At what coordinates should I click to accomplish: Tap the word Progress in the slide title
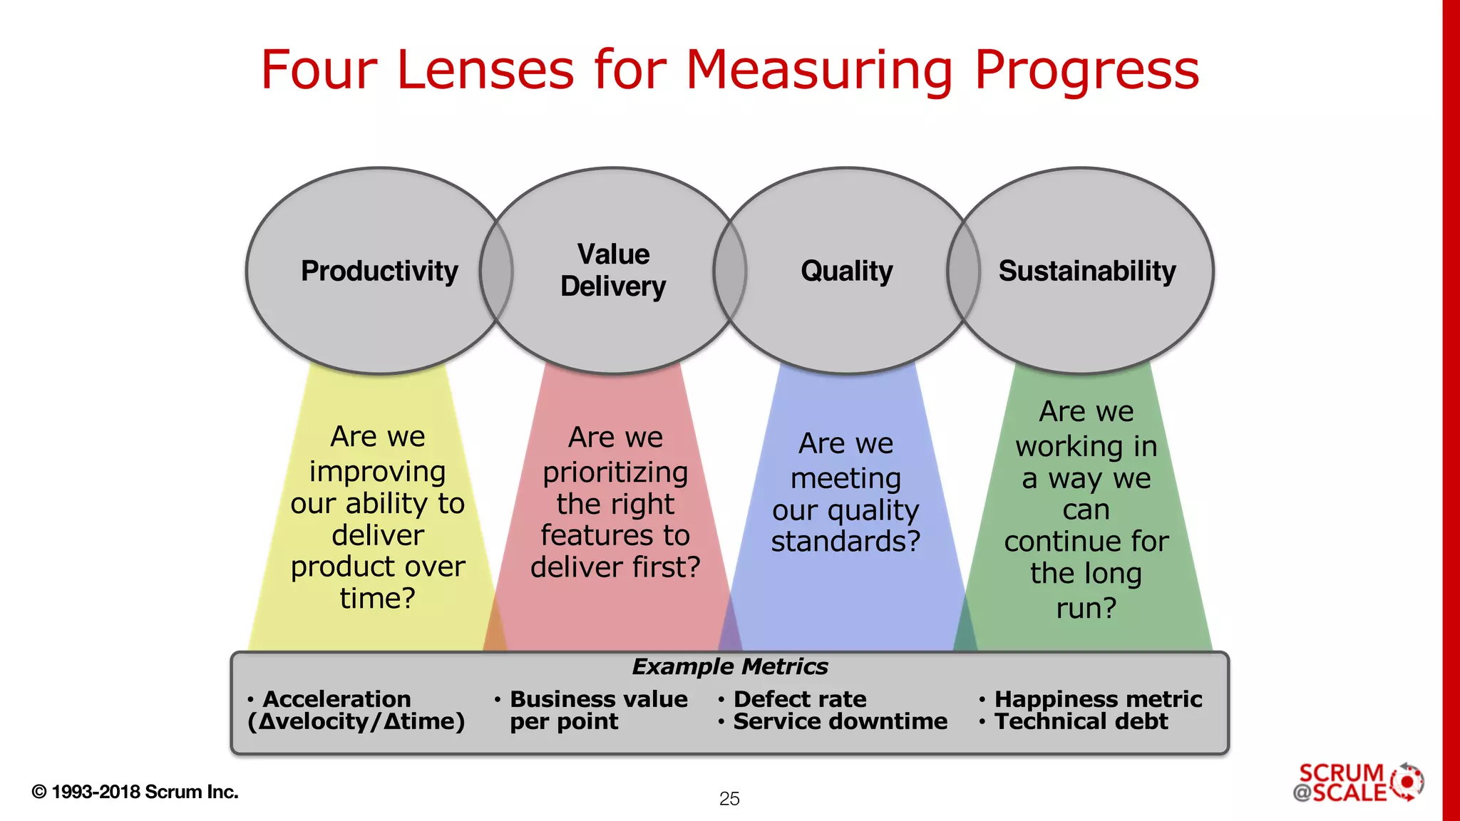[x=1086, y=71]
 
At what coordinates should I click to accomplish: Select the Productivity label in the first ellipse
[x=379, y=272]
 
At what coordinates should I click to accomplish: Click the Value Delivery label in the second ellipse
[x=613, y=271]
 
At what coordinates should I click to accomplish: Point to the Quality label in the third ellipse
[x=846, y=272]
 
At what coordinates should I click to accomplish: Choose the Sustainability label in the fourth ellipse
[x=1086, y=272]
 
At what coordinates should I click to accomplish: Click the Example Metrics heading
[x=729, y=667]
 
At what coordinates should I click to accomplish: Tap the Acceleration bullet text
[x=336, y=699]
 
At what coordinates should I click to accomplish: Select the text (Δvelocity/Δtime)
[x=356, y=722]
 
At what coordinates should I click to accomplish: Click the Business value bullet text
[x=599, y=699]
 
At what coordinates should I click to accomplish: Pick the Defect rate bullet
[x=800, y=699]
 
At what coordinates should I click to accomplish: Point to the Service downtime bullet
[x=840, y=722]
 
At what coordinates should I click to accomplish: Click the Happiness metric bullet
[x=1098, y=699]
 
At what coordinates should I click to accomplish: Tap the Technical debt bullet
[x=1081, y=722]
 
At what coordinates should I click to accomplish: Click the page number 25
[x=729, y=799]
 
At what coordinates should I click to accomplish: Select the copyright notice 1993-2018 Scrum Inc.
[x=135, y=792]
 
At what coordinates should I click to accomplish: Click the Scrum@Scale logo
[x=1357, y=783]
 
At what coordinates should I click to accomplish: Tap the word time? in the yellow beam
[x=377, y=599]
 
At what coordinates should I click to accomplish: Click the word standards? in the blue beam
[x=845, y=542]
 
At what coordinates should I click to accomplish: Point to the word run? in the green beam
[x=1086, y=609]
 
